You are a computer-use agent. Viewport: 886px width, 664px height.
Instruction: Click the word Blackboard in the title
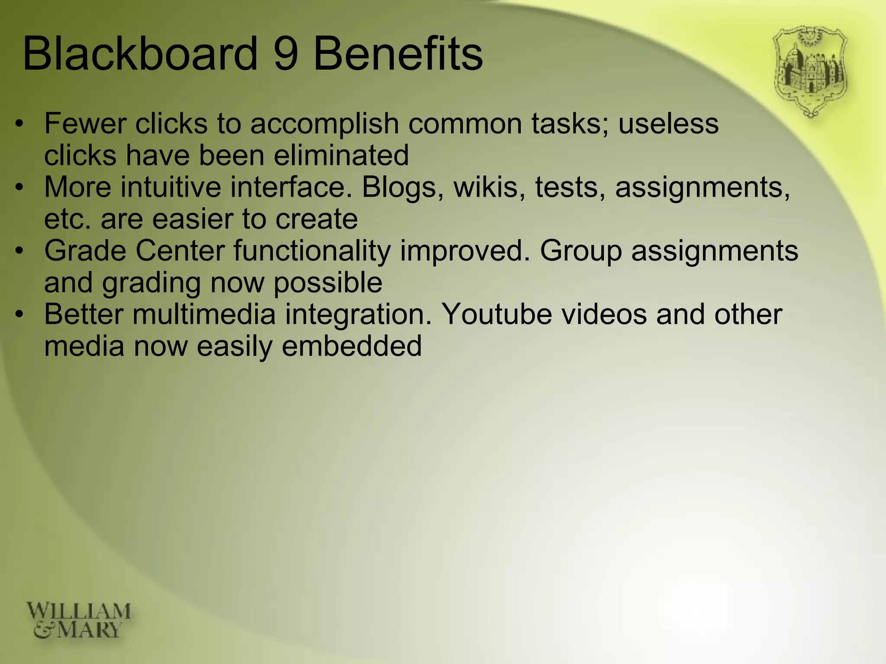pos(140,54)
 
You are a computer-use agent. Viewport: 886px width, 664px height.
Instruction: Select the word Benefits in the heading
pos(397,54)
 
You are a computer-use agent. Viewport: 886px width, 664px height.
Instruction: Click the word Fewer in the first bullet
pos(85,124)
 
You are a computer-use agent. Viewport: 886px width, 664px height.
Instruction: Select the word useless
pos(668,124)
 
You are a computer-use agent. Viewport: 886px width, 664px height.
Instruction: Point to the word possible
pos(328,283)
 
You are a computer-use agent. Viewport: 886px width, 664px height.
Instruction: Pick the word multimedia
pos(204,314)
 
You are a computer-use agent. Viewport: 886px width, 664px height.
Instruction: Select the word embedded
pos(351,346)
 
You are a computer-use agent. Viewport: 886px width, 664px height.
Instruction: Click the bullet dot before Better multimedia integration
pos(19,314)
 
